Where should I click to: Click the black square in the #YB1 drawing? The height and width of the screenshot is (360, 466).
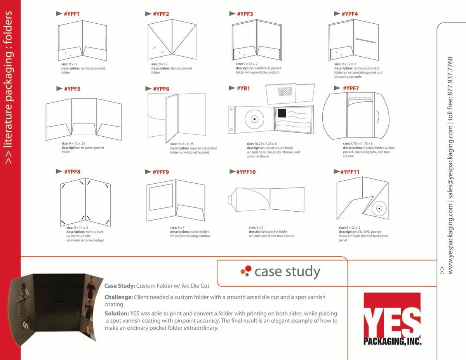pyautogui.click(x=281, y=113)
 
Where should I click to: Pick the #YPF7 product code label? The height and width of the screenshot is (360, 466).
pyautogui.click(x=351, y=89)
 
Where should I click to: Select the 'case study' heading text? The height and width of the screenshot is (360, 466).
pyautogui.click(x=287, y=272)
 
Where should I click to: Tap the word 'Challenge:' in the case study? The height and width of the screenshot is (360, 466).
pyautogui.click(x=118, y=297)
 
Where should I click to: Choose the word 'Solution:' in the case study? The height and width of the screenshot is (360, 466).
pyautogui.click(x=117, y=313)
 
